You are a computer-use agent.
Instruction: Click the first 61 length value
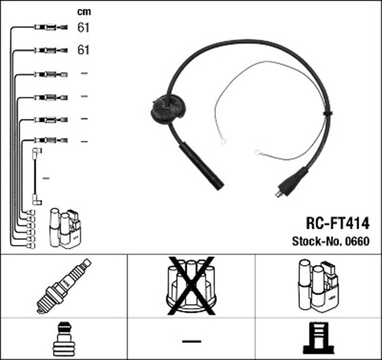click(84, 27)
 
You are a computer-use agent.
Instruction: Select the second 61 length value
click(84, 50)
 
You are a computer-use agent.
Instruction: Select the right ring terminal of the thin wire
click(258, 153)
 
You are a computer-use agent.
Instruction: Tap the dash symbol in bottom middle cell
click(191, 341)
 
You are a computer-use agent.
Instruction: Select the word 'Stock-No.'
click(314, 242)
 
